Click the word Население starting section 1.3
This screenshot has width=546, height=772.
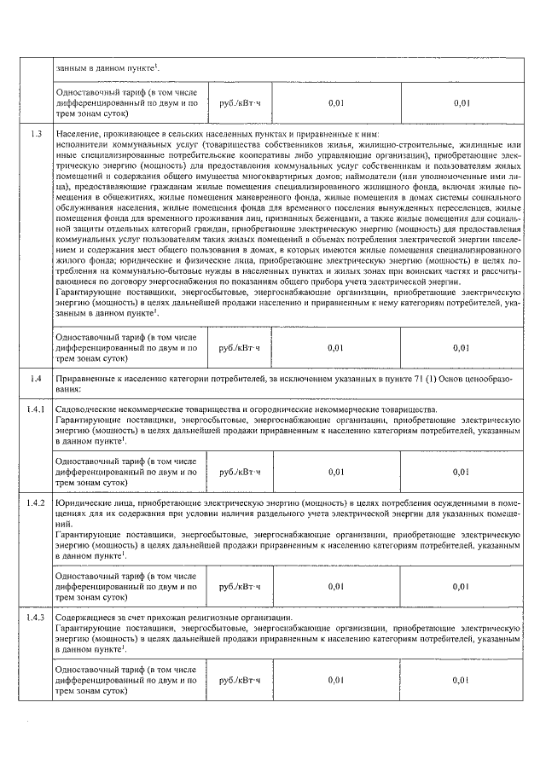[x=76, y=135]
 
